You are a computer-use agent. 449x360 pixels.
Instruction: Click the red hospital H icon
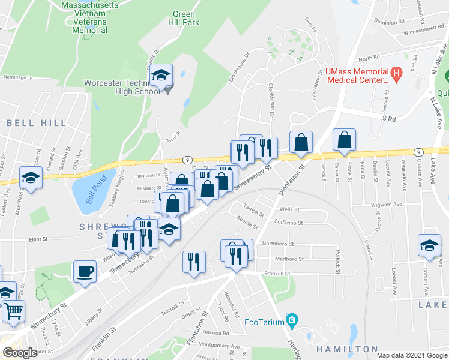point(396,74)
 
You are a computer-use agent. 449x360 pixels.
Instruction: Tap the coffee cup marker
point(85,271)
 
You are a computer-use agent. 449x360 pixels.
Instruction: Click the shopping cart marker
point(14,310)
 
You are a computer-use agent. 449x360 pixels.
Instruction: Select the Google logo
point(19,353)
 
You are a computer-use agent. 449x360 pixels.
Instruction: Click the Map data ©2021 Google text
point(412,355)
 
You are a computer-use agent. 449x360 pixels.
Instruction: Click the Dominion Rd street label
point(386,21)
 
